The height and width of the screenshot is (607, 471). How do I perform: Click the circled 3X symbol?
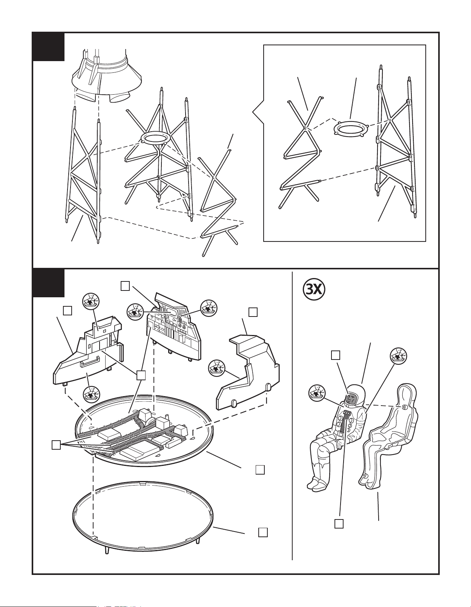(314, 289)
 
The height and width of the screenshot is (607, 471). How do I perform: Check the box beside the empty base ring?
(263, 532)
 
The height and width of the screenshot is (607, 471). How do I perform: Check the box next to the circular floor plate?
(260, 470)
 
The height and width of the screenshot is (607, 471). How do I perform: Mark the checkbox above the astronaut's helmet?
(335, 355)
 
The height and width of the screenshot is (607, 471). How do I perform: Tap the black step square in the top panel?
(48, 46)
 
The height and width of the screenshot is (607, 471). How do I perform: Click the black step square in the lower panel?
(48, 283)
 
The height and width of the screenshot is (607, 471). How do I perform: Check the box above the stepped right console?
(253, 312)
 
